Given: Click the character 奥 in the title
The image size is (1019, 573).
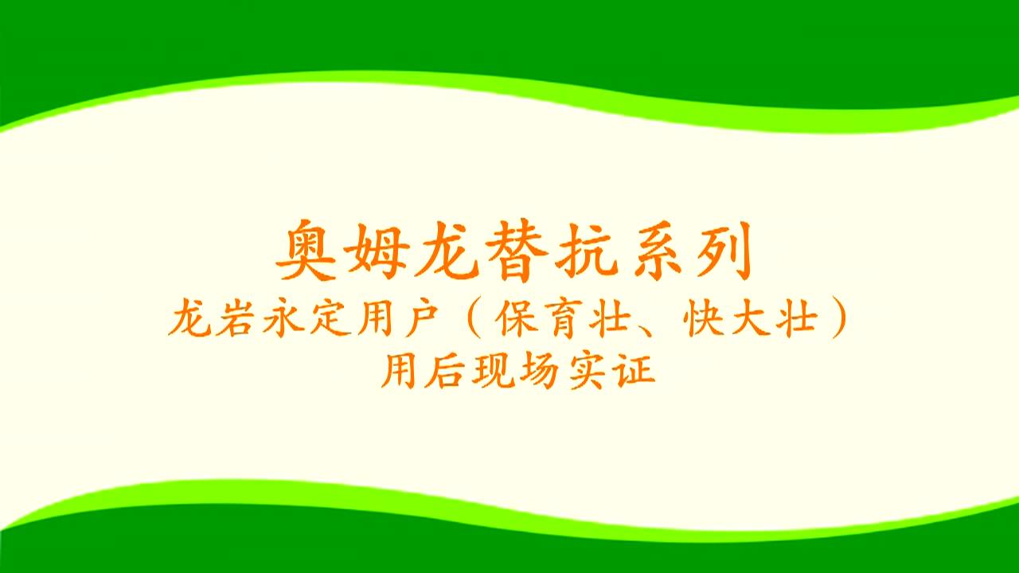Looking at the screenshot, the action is (x=306, y=250).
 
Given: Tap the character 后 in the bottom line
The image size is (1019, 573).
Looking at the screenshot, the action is (x=445, y=370).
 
